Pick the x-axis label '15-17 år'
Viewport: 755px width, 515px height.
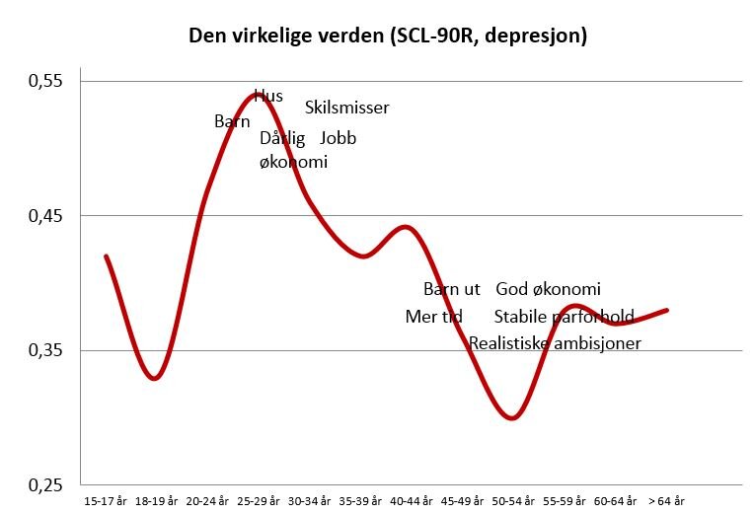(x=106, y=501)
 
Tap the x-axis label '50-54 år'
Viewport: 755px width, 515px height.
(x=512, y=501)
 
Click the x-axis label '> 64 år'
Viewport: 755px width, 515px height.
(x=666, y=501)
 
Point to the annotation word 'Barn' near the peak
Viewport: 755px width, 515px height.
(x=232, y=121)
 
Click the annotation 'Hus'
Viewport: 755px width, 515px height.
(x=268, y=96)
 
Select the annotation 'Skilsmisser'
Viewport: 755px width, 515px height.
(x=346, y=108)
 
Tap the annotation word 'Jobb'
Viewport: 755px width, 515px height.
(x=338, y=138)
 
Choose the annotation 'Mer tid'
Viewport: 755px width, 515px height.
(x=434, y=317)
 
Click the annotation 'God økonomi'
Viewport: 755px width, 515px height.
(x=548, y=289)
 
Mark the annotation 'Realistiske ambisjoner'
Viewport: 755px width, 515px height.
(x=555, y=343)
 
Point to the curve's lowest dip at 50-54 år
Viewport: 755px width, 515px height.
(x=512, y=417)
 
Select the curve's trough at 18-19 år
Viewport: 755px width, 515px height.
(x=155, y=378)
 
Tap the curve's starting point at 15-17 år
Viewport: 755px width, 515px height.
(x=105, y=256)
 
